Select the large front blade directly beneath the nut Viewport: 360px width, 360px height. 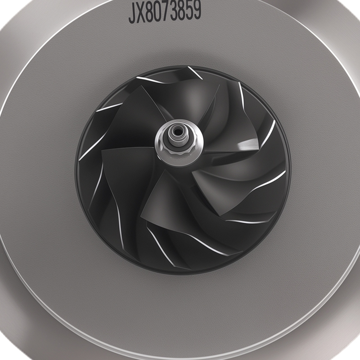(162, 202)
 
